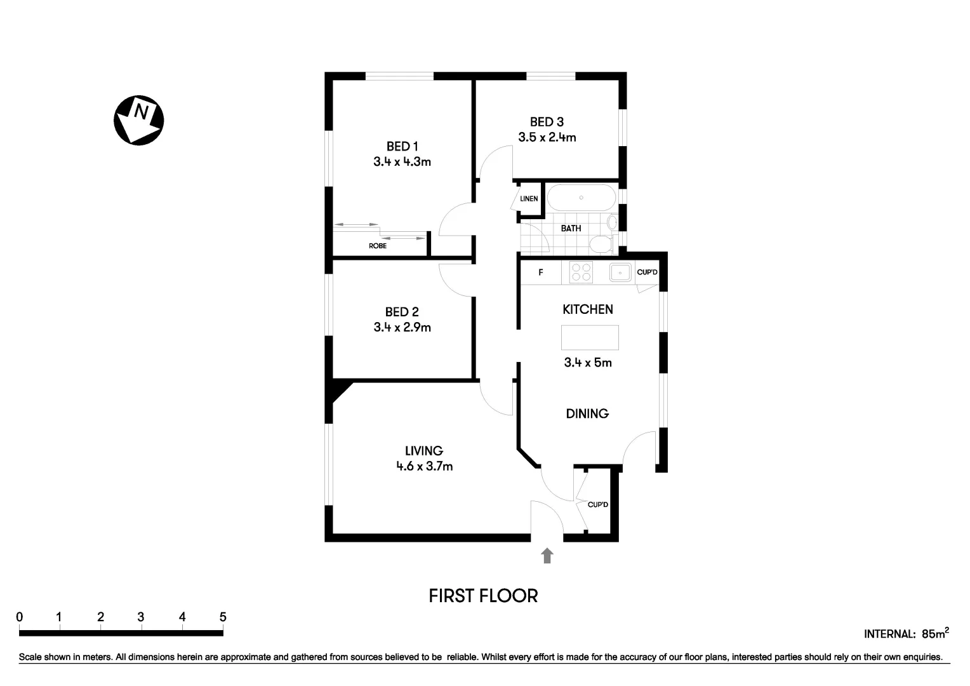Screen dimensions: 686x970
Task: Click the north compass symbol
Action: coord(138,120)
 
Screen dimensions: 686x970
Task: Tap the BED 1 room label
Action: coord(402,147)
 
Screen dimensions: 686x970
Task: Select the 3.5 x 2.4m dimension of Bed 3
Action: coord(547,137)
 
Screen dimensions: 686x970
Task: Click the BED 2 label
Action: coord(402,312)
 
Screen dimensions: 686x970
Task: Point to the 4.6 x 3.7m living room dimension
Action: coord(424,466)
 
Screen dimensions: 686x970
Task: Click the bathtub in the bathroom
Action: coord(581,198)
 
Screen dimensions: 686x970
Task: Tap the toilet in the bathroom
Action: coord(600,243)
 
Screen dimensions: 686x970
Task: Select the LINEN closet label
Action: coord(529,199)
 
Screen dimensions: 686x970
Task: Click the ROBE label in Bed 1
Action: coord(378,246)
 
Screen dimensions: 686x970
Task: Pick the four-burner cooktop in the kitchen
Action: coord(581,272)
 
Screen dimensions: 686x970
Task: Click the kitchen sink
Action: coord(620,272)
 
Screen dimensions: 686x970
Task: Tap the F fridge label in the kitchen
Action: coord(541,272)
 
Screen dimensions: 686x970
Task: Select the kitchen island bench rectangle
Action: coord(590,337)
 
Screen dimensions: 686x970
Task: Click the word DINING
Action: coord(587,414)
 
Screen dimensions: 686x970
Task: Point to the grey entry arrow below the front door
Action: coord(547,556)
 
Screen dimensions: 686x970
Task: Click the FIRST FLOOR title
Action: coord(483,596)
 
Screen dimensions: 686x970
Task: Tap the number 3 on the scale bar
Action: coord(141,617)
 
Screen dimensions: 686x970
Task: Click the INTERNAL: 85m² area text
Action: coord(906,633)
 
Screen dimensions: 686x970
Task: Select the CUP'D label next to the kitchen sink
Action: coord(647,272)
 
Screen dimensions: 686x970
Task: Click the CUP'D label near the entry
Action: coord(598,505)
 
